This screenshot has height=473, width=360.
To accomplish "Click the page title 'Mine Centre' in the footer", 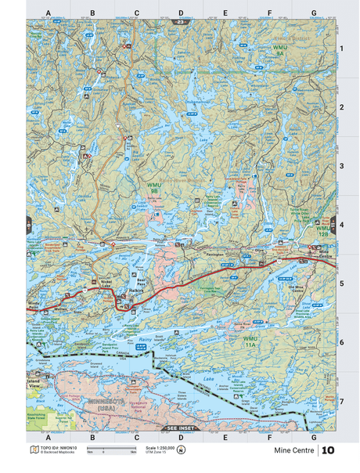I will (294, 451).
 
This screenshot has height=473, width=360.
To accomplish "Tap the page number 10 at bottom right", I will (328, 450).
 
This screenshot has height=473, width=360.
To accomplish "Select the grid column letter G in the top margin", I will (313, 13).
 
